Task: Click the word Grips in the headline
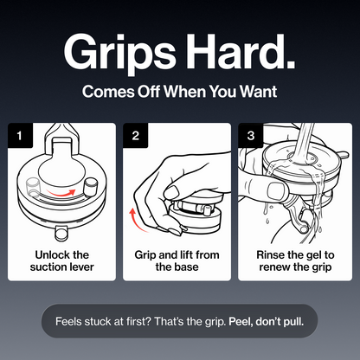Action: click(119, 54)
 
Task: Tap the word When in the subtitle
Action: click(185, 92)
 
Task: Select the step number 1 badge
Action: click(20, 135)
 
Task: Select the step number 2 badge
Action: click(136, 135)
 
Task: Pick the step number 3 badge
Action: click(251, 135)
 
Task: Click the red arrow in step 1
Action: click(61, 193)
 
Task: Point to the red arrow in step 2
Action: click(135, 221)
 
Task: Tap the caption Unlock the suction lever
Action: click(61, 260)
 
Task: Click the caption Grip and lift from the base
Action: click(177, 260)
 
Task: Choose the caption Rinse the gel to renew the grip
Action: click(295, 260)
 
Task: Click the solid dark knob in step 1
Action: click(90, 187)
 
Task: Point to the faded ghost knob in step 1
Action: click(32, 188)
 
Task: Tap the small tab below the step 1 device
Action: click(61, 233)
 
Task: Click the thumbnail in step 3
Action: click(277, 190)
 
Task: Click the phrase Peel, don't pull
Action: click(266, 321)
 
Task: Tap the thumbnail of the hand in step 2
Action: click(172, 192)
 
